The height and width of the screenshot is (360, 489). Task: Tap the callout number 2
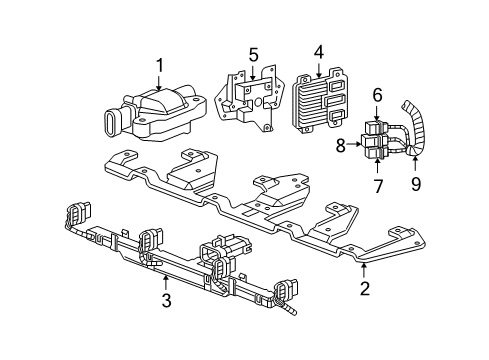coord(365,288)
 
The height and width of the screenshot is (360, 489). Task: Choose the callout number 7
coord(378,186)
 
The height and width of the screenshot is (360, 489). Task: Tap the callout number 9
coord(416,183)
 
